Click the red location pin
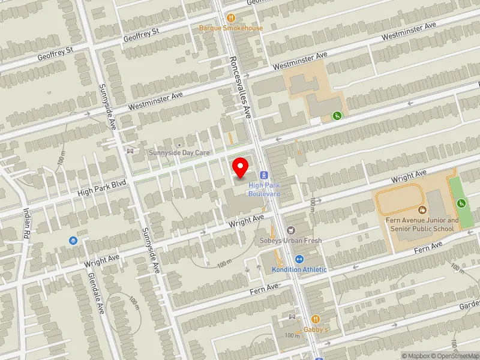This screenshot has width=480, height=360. (241, 167)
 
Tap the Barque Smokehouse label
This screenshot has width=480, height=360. (231, 28)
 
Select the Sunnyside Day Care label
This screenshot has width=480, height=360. (179, 153)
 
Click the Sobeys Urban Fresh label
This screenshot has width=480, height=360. (290, 241)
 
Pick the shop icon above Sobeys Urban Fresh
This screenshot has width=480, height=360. (291, 230)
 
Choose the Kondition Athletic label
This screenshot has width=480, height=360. (299, 269)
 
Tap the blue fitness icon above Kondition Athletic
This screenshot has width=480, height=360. (300, 259)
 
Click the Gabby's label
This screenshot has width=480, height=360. (316, 329)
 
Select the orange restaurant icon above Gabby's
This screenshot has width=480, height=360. (315, 319)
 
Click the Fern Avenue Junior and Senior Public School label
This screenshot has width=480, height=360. (422, 224)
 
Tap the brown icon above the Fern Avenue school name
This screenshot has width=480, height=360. (422, 209)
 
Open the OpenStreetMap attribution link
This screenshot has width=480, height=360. (456, 356)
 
